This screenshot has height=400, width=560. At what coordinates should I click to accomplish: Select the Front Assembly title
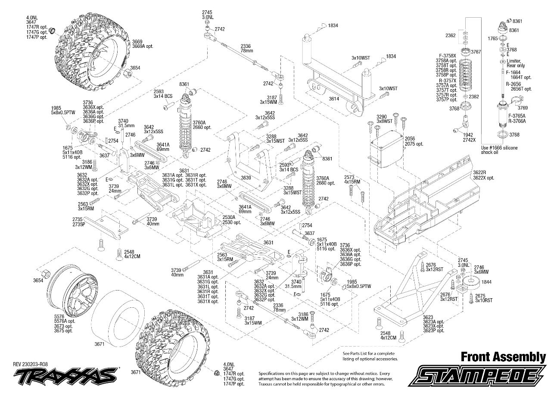tap(503, 357)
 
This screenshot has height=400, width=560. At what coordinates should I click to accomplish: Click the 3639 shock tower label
tap(246, 177)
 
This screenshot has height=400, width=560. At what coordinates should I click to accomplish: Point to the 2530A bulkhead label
tap(229, 217)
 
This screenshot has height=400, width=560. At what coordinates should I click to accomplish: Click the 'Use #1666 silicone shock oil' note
tap(499, 150)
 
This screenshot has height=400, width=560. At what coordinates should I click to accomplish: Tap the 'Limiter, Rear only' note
tap(516, 63)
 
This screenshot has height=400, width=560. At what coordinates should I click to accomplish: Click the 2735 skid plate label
tap(77, 219)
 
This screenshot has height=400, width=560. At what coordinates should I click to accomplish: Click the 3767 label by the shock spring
tap(476, 52)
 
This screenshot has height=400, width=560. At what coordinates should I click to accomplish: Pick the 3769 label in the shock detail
tap(523, 108)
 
